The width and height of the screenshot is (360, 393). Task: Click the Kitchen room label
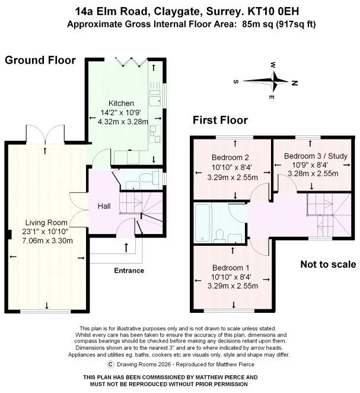(x=121, y=103)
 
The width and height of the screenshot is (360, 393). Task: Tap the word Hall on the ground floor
(x=104, y=206)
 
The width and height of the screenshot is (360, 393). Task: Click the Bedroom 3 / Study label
(x=312, y=156)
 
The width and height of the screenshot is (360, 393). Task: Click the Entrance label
(x=129, y=271)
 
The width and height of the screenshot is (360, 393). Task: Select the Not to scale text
(x=327, y=265)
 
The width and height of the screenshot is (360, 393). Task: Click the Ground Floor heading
(x=40, y=60)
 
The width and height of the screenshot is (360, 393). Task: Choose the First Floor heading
(x=220, y=121)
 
